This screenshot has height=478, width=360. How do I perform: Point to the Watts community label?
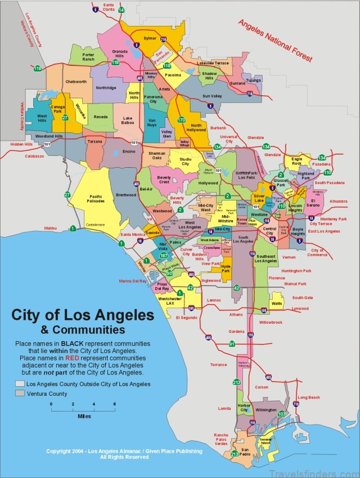pyautogui.click(x=277, y=303)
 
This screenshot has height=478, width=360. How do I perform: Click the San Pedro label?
pyautogui.click(x=245, y=451)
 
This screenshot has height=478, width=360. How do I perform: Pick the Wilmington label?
pyautogui.click(x=266, y=410)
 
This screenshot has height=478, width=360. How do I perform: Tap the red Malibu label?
pyautogui.click(x=51, y=228)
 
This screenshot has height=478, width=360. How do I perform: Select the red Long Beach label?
pyautogui.click(x=309, y=397)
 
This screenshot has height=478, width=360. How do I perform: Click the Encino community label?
pyautogui.click(x=129, y=151)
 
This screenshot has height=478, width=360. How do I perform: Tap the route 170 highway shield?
pyautogui.click(x=181, y=120)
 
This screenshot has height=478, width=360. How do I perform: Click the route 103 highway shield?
pyautogui.click(x=282, y=414)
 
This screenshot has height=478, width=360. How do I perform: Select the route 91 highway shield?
pyautogui.click(x=232, y=343)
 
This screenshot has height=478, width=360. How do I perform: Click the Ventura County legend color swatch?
pyautogui.click(x=20, y=394)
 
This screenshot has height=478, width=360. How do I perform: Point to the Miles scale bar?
pyautogui.click(x=83, y=410)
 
